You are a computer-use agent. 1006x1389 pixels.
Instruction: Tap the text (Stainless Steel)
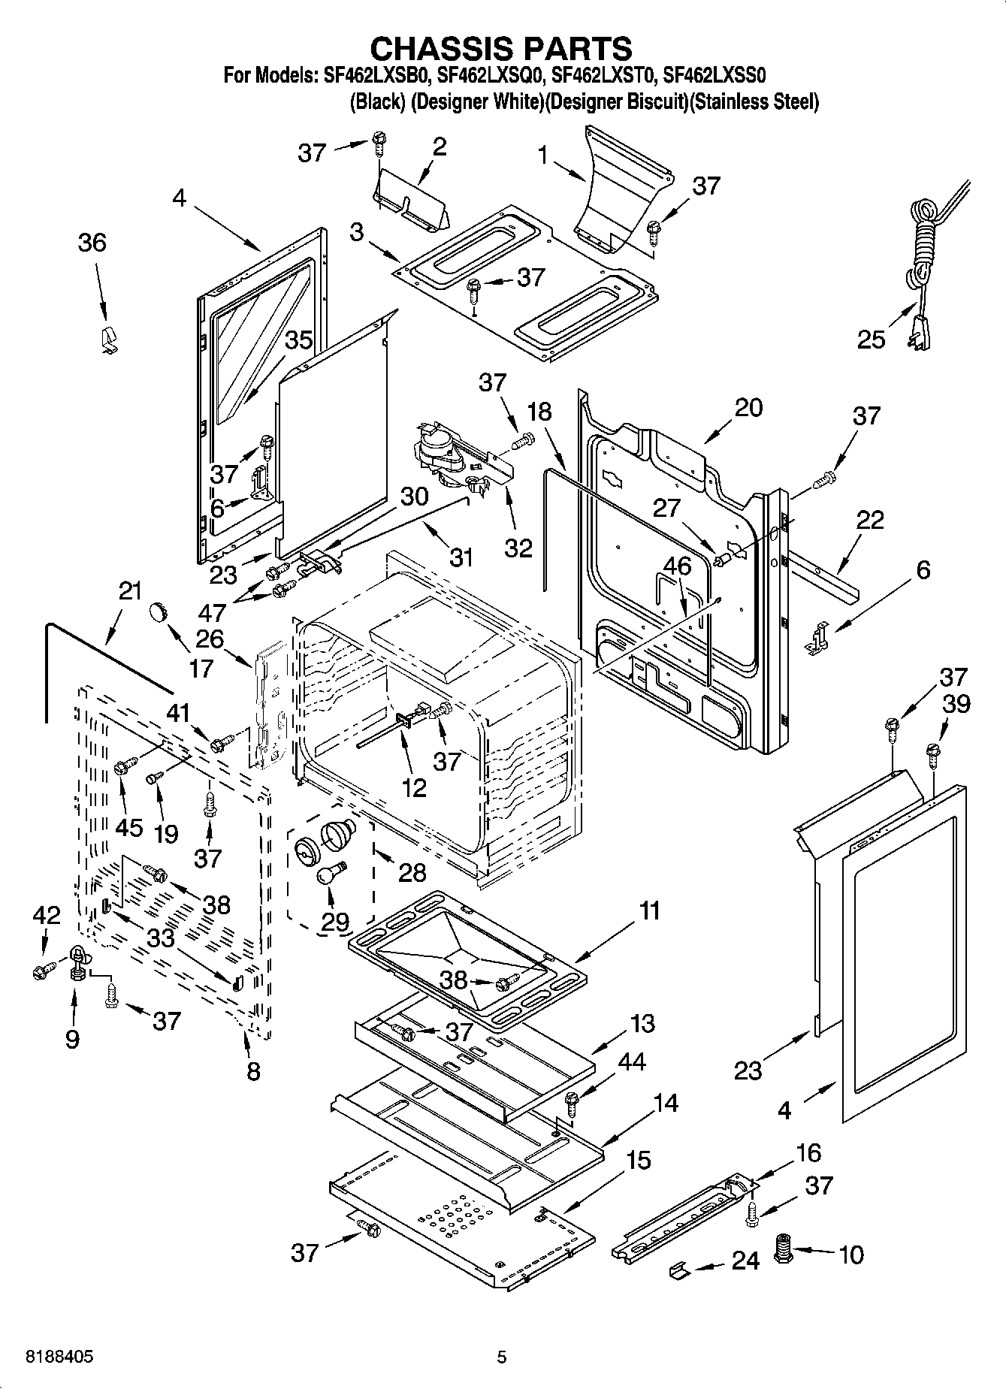[755, 102]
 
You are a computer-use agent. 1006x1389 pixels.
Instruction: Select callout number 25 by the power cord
[872, 340]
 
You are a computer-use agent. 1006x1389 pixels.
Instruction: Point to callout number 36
[92, 243]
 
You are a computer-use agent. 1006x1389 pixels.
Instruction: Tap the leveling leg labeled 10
[784, 1251]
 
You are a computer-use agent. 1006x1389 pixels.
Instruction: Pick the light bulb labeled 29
[328, 877]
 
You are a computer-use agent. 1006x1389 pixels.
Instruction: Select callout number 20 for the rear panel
[748, 407]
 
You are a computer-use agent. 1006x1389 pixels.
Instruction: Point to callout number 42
[46, 915]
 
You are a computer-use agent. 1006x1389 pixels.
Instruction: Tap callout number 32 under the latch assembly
[518, 547]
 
